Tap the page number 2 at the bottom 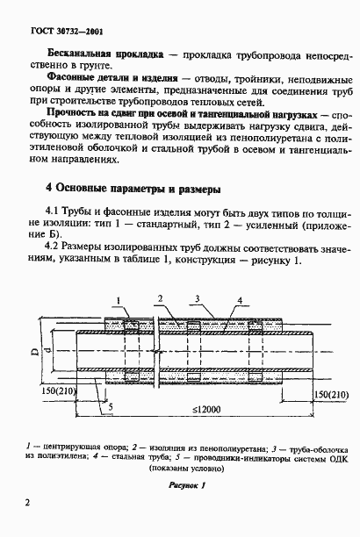coord(29,503)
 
